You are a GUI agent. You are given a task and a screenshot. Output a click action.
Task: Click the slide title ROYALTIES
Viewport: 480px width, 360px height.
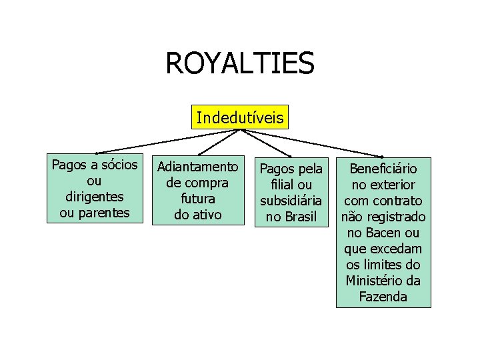[239, 64]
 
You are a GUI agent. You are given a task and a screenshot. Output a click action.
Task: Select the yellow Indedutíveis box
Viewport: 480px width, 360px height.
[239, 118]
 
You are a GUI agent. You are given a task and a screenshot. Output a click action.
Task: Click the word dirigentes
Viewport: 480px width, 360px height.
[95, 197]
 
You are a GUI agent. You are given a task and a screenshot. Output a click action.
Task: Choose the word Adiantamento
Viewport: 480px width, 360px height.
[197, 165]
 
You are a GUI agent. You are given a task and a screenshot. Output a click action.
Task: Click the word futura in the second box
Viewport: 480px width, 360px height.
[197, 199]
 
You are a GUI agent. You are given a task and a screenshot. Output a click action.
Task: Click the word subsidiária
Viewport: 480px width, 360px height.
[291, 200]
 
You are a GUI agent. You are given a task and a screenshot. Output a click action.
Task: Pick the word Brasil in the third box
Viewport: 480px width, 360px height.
[301, 217]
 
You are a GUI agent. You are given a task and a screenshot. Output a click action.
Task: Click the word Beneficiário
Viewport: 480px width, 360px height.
[383, 168]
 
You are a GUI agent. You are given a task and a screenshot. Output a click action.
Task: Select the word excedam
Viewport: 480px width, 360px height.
[396, 249]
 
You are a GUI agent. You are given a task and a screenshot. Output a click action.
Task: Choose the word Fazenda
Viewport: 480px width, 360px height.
[383, 297]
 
